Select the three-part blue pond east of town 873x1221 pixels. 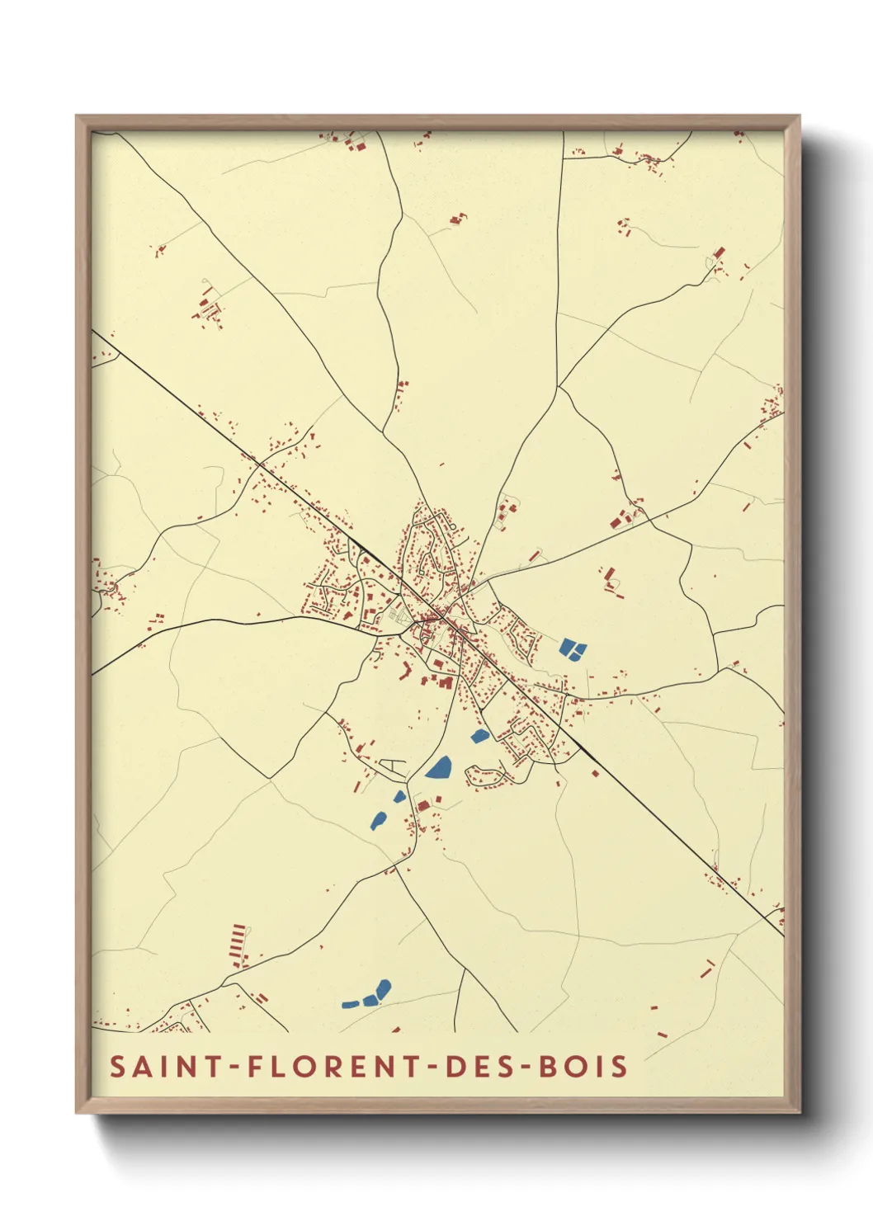pyautogui.click(x=572, y=648)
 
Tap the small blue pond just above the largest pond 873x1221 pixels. pyautogui.click(x=479, y=736)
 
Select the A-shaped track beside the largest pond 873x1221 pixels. pyautogui.click(x=398, y=766)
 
